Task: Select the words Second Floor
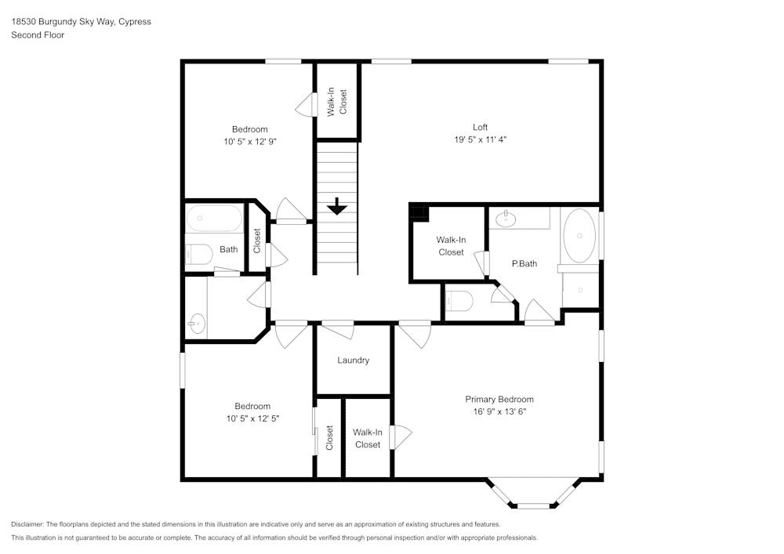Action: point(38,35)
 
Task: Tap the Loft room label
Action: point(480,127)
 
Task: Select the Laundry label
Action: point(353,360)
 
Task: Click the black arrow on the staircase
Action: point(336,206)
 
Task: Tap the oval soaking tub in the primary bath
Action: point(579,235)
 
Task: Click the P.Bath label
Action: point(524,264)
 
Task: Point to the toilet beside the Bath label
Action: point(198,255)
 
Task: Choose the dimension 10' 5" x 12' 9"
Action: point(250,142)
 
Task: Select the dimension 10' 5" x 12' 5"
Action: point(252,418)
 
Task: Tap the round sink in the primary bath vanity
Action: point(506,217)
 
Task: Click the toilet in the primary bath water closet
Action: point(459,301)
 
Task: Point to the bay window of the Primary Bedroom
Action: point(533,494)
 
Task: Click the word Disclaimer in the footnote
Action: point(28,524)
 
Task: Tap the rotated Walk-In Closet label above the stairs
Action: point(337,102)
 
